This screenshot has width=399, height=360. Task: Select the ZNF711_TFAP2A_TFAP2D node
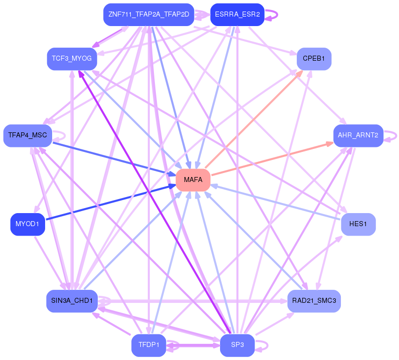148,15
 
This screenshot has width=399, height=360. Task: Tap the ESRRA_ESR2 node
237,15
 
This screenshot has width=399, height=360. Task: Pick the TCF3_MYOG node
72,59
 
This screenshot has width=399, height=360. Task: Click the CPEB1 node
314,59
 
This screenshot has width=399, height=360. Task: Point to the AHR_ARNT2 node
358,135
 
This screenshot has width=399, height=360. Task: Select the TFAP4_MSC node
28,135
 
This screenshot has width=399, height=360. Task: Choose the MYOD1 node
28,224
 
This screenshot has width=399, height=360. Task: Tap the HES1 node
358,224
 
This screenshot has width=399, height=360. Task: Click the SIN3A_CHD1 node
72,301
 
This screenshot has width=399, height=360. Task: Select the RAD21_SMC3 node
314,301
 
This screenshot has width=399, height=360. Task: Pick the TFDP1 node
148,345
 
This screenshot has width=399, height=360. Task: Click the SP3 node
237,345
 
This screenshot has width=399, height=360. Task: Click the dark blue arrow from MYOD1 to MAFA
110,203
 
